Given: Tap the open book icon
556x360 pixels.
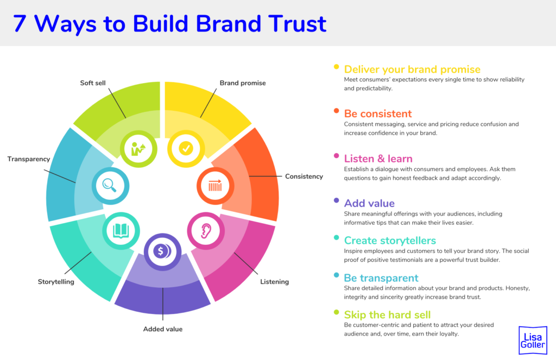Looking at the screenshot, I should pos(121,231).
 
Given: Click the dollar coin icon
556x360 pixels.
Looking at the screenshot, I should pos(162,251).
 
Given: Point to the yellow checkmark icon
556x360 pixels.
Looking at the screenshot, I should pos(185,148).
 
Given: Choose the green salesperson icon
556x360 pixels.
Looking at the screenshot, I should pos(138,148).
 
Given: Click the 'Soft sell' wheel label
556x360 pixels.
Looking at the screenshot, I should pos(93,83).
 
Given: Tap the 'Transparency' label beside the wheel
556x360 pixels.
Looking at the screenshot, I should pos(29,159).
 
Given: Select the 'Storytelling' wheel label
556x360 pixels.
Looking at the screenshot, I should pos(56,282).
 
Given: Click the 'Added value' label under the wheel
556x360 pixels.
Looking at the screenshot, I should pos(163,329).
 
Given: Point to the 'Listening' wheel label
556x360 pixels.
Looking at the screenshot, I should pos(274,282).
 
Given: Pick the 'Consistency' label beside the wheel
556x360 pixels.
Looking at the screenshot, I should pos(304,176).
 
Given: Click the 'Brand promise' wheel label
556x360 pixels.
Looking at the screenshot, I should pos(243,83).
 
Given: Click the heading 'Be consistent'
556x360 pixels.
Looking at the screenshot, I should pos(378,114).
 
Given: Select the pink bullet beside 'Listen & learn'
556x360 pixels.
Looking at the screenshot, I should pos(337,156).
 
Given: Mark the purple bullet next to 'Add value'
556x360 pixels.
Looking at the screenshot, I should pos(337,201).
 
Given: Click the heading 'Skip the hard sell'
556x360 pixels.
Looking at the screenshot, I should pos(387,315).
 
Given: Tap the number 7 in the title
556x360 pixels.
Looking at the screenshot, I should pos(20,24).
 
